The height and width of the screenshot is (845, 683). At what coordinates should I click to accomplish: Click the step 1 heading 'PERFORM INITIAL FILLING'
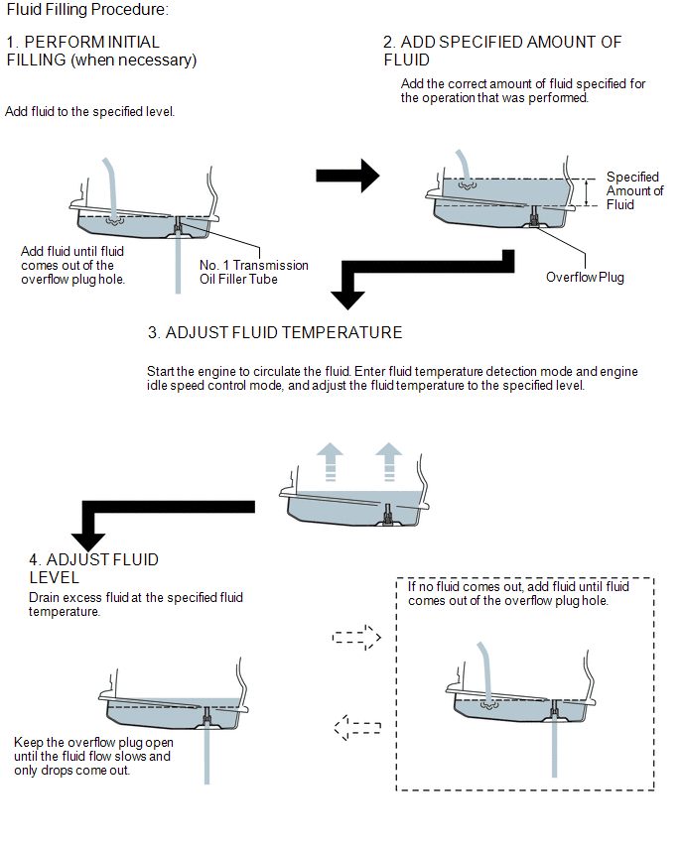click(101, 52)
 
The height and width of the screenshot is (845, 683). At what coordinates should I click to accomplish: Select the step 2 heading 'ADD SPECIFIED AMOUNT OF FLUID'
click(502, 51)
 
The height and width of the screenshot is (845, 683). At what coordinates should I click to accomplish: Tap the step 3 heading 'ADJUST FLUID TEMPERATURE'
click(274, 332)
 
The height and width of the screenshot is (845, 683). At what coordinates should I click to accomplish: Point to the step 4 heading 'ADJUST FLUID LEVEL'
click(94, 568)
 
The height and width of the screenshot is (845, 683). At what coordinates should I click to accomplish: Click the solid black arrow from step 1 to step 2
click(347, 176)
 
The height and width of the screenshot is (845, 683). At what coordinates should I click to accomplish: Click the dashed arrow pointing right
click(357, 636)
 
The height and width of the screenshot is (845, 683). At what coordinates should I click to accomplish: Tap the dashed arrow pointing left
click(357, 728)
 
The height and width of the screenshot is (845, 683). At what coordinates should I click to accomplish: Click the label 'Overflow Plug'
click(585, 278)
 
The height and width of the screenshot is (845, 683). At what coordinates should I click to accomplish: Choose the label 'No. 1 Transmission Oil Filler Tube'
click(253, 272)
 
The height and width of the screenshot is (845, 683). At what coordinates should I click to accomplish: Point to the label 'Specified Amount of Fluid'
click(634, 190)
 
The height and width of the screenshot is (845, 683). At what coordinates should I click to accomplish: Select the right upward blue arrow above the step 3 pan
click(388, 463)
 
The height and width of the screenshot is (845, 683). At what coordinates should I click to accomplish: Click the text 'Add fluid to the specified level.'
click(90, 112)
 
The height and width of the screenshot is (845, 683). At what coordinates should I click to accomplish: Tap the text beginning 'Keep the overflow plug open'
click(93, 756)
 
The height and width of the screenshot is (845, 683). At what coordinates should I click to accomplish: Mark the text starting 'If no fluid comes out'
click(518, 594)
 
